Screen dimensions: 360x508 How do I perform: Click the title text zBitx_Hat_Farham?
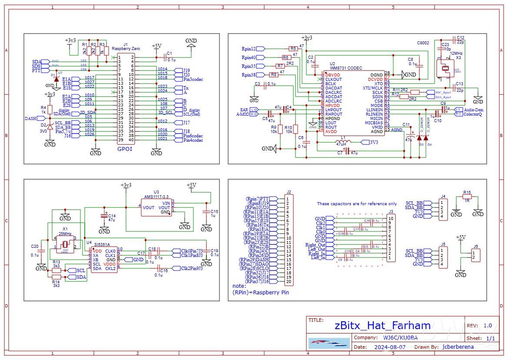[382, 325]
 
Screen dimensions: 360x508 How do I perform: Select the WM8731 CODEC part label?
[346, 68]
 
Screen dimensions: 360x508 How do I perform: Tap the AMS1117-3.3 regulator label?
[157, 196]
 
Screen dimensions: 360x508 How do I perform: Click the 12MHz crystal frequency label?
[456, 53]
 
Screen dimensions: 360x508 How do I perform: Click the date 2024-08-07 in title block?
[390, 347]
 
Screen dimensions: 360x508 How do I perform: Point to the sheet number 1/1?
[490, 338]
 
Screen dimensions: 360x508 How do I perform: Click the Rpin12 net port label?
[249, 48]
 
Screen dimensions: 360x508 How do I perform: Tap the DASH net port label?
[30, 118]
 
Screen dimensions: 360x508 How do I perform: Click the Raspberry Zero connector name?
[125, 49]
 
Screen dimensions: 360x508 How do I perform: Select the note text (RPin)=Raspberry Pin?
[258, 293]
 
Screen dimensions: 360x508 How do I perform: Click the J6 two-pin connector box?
[475, 255]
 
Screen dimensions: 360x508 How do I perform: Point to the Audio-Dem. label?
[474, 110]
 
